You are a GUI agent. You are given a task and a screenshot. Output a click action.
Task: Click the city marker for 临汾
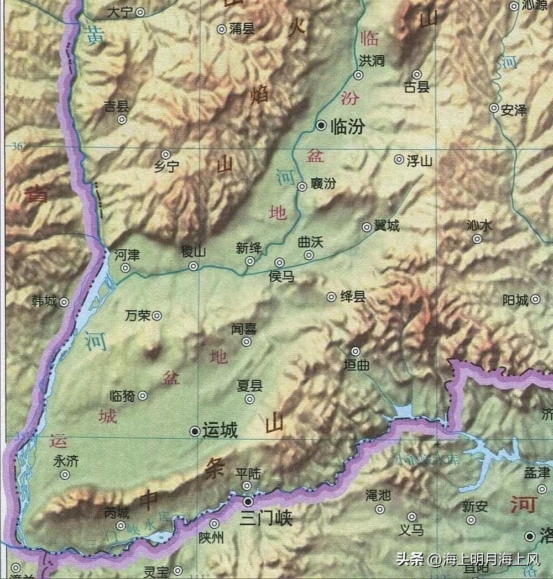[x=321, y=127]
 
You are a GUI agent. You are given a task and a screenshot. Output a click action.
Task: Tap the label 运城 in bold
[x=220, y=431]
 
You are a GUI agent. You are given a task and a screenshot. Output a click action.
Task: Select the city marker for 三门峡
[x=249, y=502]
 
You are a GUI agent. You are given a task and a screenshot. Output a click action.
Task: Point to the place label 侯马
[x=281, y=276]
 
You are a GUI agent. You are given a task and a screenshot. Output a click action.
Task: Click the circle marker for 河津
[x=126, y=268]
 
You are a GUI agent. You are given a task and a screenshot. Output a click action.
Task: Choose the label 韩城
[x=44, y=302]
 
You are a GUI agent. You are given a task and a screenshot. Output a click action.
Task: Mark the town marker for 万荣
[x=157, y=316]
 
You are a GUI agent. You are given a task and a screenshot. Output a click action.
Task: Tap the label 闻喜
[x=243, y=329]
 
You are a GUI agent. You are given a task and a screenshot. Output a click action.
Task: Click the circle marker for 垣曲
[x=356, y=351]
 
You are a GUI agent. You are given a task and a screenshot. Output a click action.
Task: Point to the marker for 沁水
[x=477, y=239]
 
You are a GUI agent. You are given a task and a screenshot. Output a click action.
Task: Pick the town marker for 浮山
[x=399, y=160]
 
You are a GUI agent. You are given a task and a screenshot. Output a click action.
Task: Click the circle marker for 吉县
[x=122, y=119]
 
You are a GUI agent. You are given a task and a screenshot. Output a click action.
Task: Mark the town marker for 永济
[x=65, y=475]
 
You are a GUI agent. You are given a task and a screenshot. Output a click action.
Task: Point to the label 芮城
[x=117, y=513]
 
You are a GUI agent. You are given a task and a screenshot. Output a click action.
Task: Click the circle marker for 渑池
[x=380, y=509]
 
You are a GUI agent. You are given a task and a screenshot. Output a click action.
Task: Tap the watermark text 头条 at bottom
[x=410, y=560]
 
